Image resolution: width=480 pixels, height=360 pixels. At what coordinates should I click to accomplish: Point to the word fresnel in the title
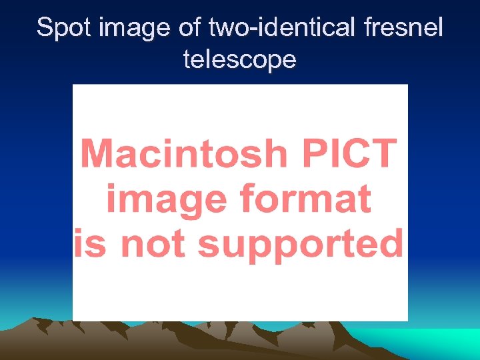[x=404, y=28]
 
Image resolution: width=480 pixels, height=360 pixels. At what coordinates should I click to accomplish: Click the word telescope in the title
[x=239, y=60]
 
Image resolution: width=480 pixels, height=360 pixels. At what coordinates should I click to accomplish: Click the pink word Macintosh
[x=183, y=153]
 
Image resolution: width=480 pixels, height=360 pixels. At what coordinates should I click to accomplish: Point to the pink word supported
[x=301, y=243]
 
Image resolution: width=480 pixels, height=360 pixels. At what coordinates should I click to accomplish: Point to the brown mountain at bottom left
[x=40, y=340]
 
